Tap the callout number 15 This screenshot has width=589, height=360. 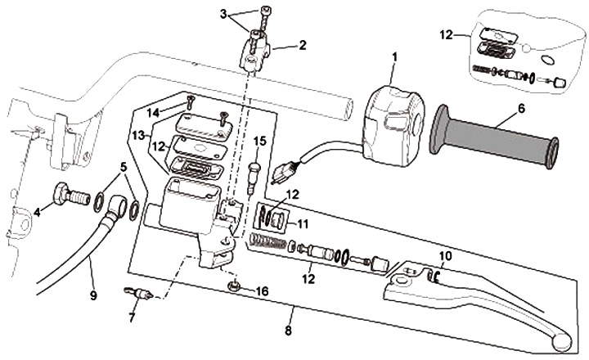coord(259,142)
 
